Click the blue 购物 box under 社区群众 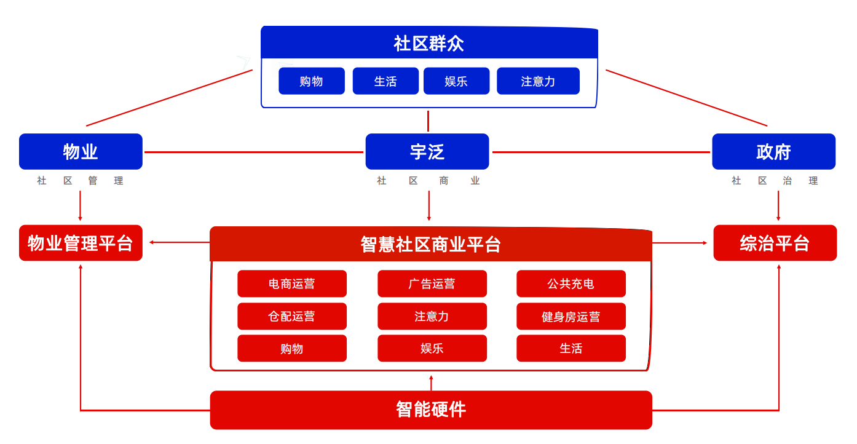click(311, 81)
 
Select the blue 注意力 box click(538, 81)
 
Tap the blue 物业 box click(81, 151)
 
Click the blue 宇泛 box click(427, 151)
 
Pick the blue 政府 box click(773, 151)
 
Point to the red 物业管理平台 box click(81, 243)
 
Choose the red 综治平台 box click(775, 243)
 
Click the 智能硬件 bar click(431, 410)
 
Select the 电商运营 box click(292, 283)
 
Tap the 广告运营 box click(432, 283)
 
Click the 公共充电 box click(571, 283)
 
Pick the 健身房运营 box click(571, 316)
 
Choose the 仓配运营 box click(292, 316)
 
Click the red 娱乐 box click(432, 348)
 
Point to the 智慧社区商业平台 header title click(431, 245)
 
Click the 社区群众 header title click(429, 44)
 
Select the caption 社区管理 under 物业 click(81, 181)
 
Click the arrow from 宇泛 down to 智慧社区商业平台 click(428, 206)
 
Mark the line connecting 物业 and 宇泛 click(253, 152)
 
